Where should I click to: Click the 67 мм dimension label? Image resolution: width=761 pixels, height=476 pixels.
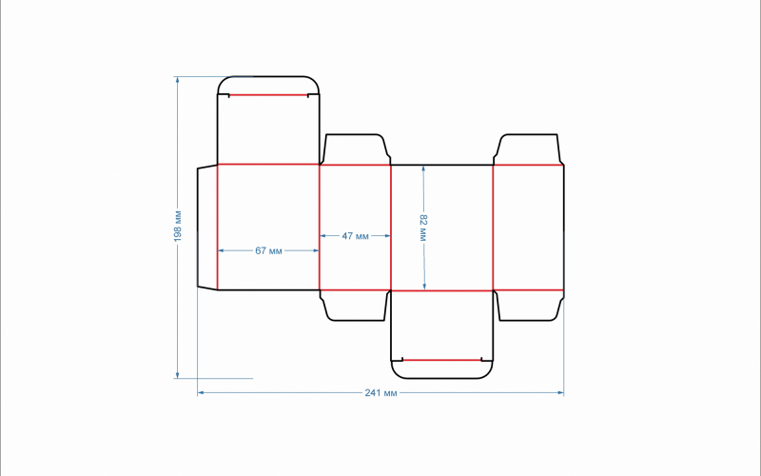[268, 250]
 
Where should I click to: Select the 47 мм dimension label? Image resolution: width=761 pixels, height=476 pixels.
[355, 236]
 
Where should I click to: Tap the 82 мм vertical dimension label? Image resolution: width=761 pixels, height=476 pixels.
[423, 228]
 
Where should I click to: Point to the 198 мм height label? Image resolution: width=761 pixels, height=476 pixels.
[178, 226]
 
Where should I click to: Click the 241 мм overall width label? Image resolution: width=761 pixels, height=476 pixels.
[381, 392]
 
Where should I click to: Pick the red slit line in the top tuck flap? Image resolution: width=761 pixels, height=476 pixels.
[268, 95]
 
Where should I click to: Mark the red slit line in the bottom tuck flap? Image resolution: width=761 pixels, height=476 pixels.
[442, 360]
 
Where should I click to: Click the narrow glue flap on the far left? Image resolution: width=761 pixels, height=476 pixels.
[207, 228]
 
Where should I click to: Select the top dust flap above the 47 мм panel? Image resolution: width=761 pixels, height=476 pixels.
[355, 149]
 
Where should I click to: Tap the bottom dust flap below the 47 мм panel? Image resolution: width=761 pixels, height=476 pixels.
[355, 306]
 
